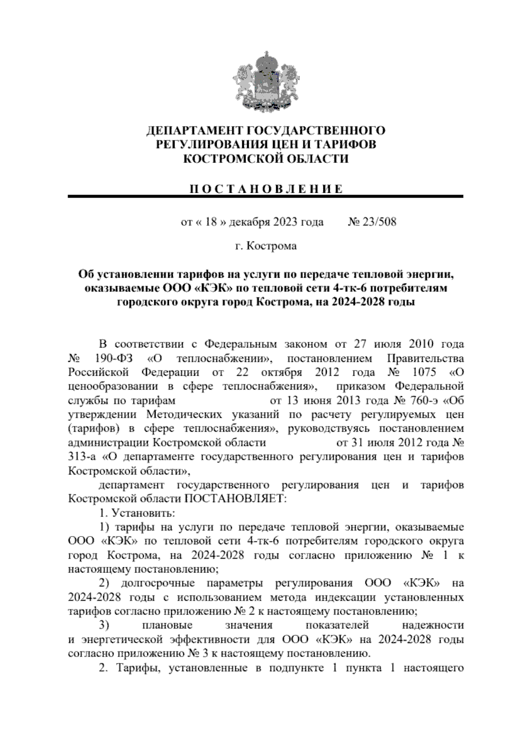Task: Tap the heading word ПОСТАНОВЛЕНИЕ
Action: click(266, 189)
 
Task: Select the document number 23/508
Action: click(379, 223)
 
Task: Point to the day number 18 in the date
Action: click(211, 223)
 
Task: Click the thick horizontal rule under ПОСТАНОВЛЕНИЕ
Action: click(266, 197)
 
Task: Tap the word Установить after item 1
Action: click(143, 514)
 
